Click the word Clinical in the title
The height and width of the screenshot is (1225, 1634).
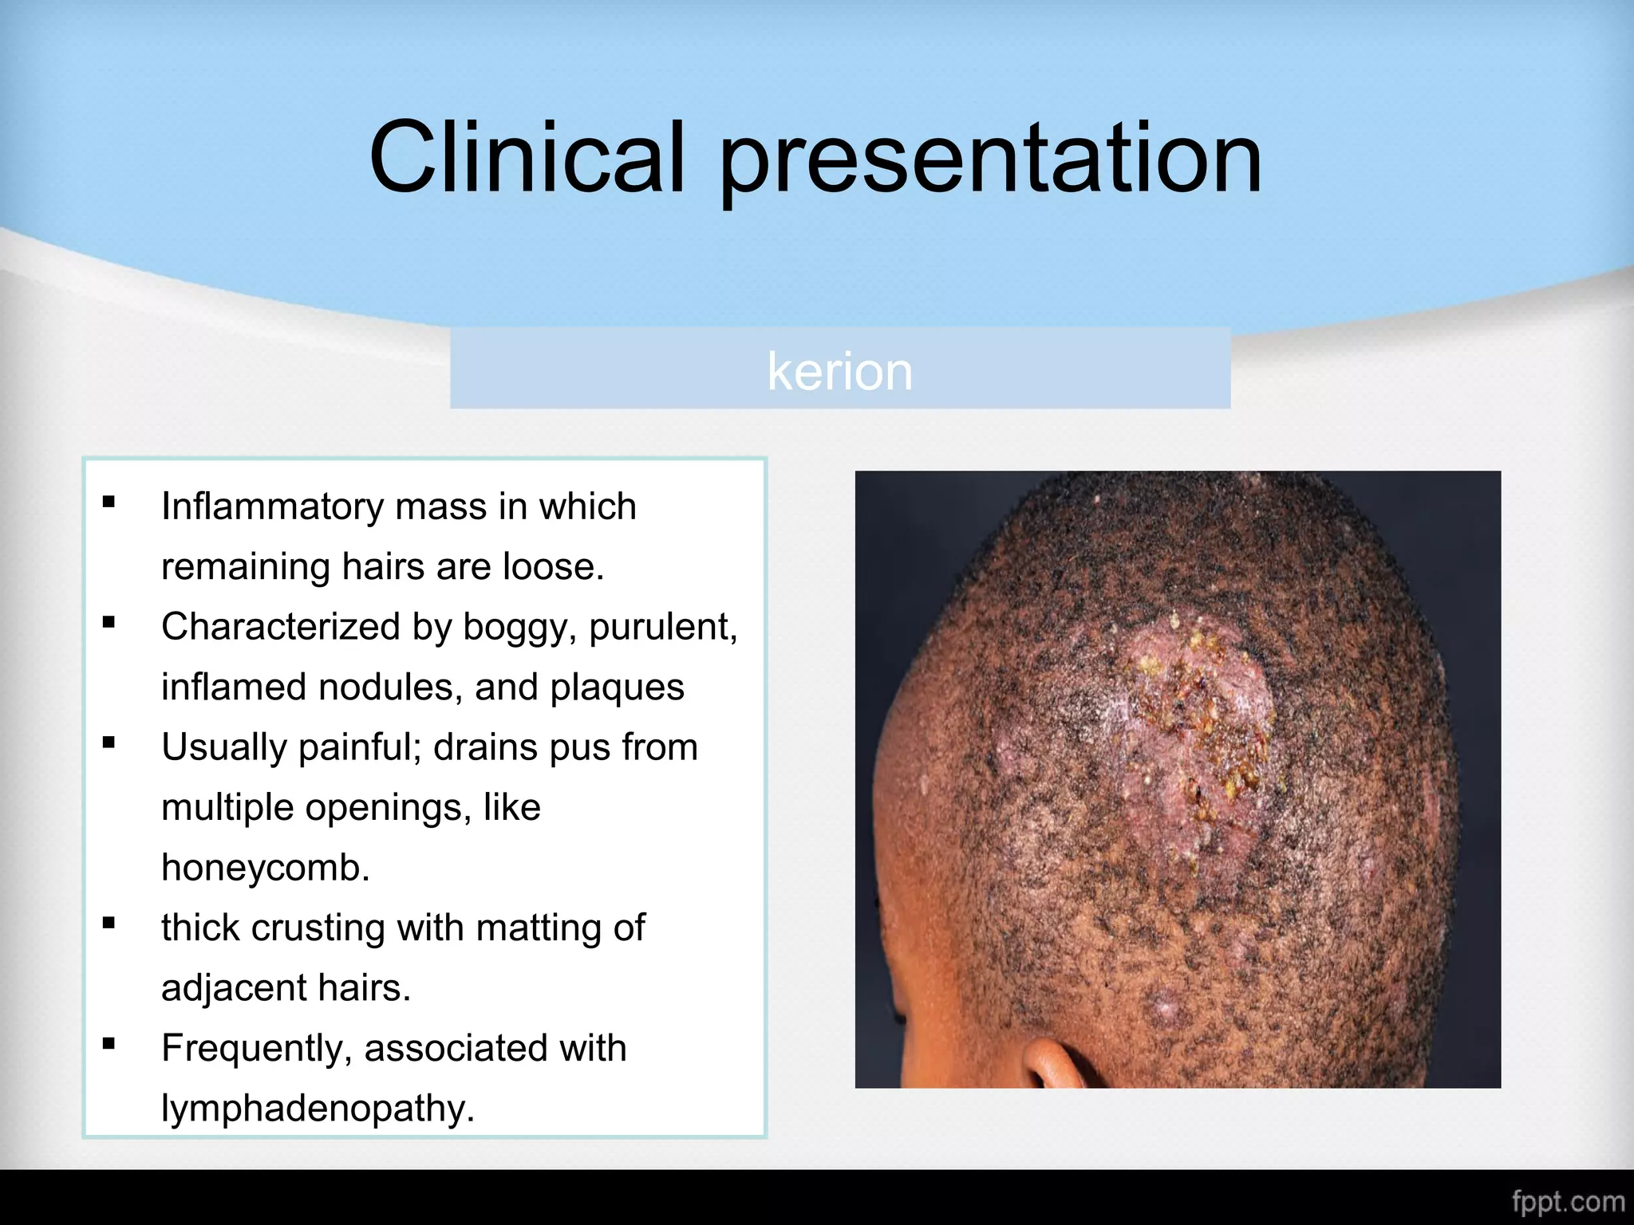(527, 157)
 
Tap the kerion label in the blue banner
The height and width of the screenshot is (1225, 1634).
(839, 371)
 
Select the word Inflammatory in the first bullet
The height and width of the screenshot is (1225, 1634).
(272, 506)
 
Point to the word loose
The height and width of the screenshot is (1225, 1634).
(553, 566)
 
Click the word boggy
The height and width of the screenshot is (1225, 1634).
(519, 628)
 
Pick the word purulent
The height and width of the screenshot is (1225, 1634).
(663, 628)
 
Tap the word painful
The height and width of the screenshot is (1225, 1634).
(360, 747)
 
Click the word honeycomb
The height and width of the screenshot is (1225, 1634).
(266, 867)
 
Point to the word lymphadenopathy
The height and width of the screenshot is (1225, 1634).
(318, 1109)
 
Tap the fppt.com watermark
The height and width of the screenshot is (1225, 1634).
(1568, 1201)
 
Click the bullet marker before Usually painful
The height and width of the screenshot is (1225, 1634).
(109, 742)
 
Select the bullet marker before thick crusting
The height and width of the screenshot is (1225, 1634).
(109, 923)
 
